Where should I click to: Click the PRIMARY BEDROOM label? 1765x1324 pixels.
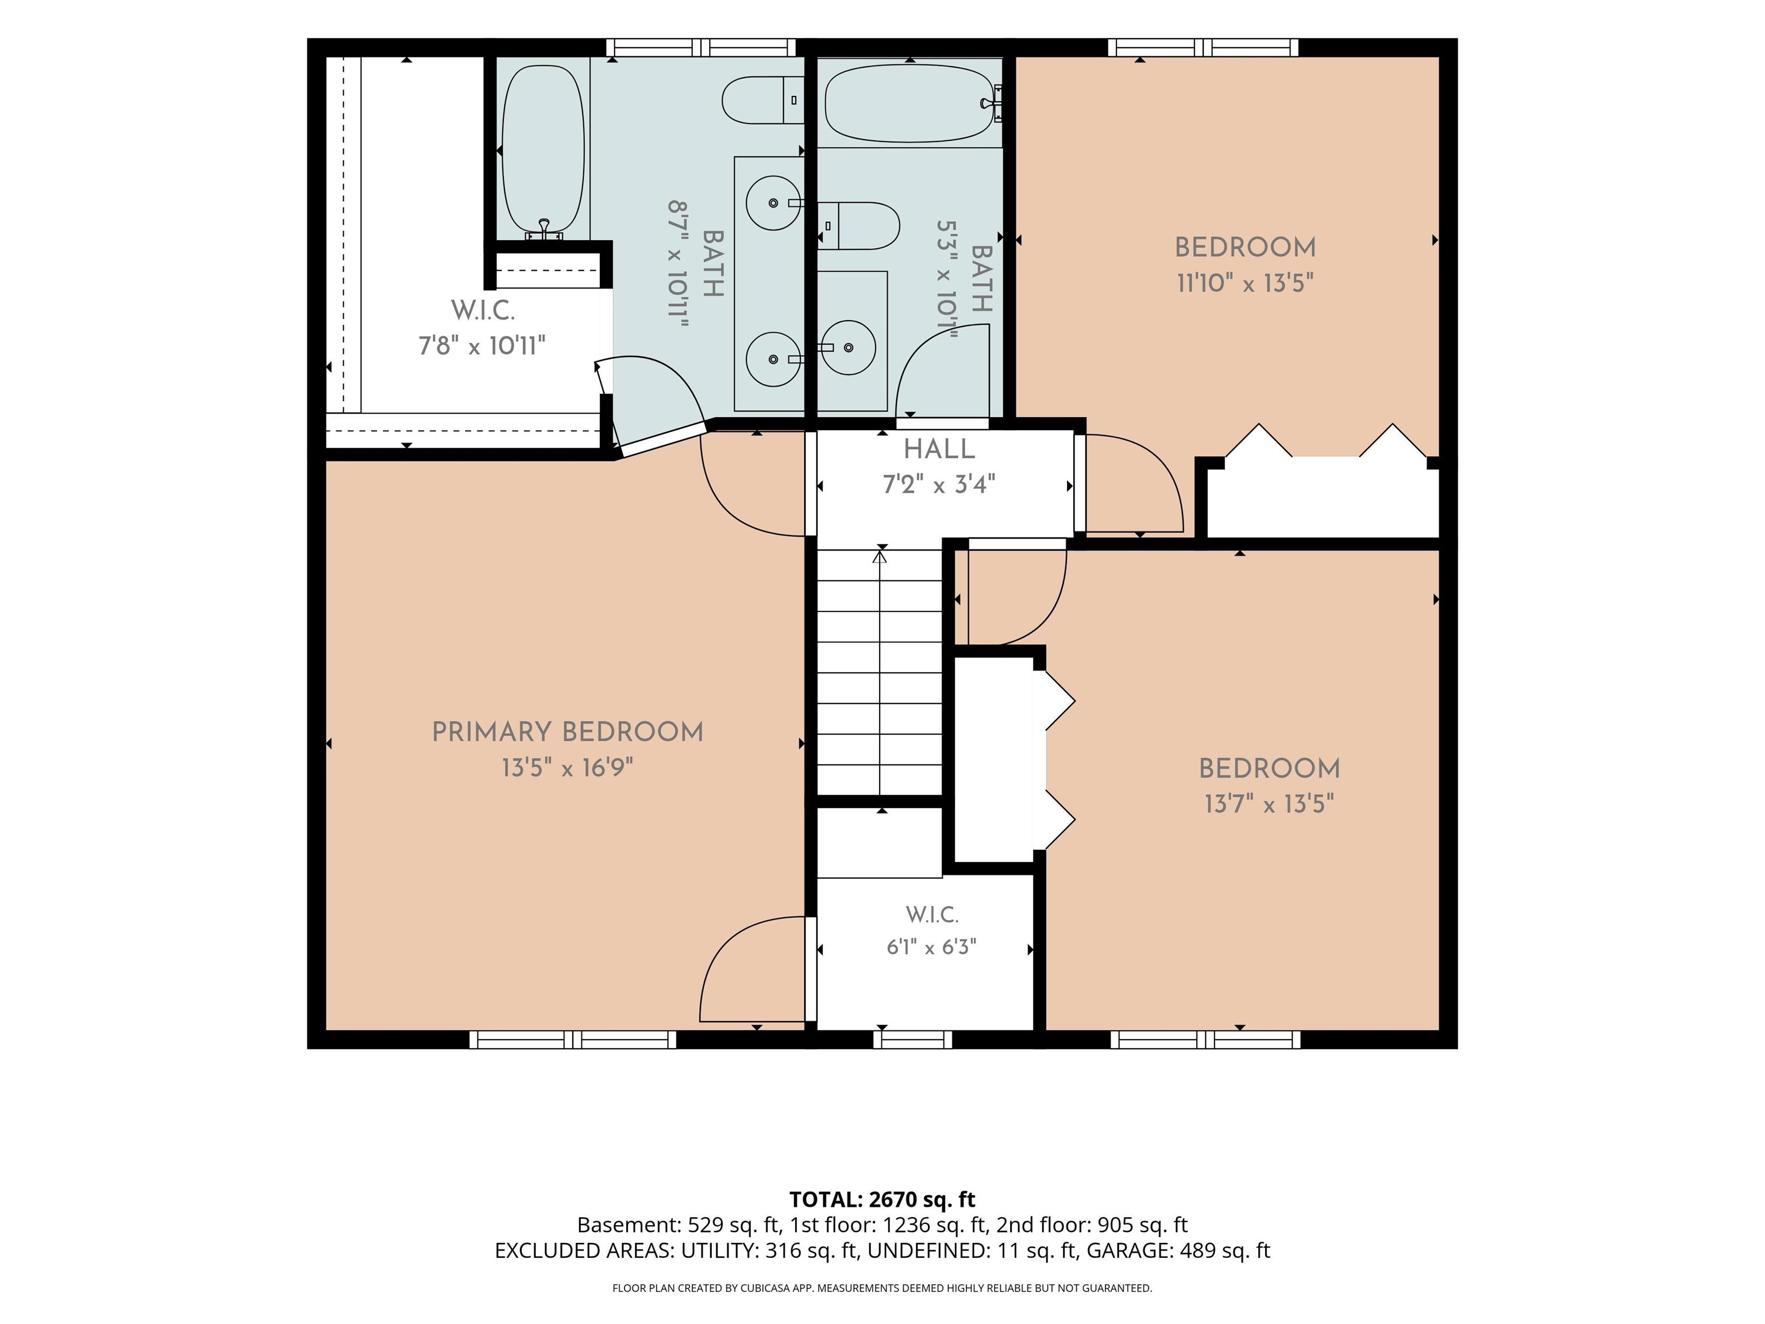coord(567,732)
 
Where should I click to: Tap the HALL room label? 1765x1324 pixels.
coord(939,449)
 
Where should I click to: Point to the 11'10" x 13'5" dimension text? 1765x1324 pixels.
coord(1245,283)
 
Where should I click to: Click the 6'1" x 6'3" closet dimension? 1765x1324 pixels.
coord(931,946)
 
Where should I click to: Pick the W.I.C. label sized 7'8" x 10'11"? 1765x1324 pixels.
coord(483,310)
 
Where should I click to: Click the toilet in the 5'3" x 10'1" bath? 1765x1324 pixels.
coord(858,226)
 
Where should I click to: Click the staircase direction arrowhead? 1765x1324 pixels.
coord(880,556)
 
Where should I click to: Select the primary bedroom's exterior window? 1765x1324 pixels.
coord(573,1039)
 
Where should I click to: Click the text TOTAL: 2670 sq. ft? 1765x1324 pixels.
coord(882,1199)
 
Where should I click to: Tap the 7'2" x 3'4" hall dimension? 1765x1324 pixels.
coord(939,484)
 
